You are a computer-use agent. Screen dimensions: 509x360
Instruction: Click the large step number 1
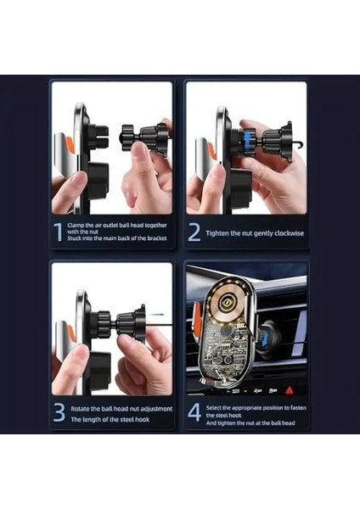pyautogui.click(x=57, y=232)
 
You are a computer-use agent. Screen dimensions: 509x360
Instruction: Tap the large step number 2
pyautogui.click(x=194, y=232)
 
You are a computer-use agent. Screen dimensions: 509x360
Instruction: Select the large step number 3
pyautogui.click(x=58, y=413)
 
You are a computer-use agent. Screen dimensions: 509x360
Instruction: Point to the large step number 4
pyautogui.click(x=194, y=413)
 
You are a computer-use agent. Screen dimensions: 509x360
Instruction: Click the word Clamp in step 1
pyautogui.click(x=78, y=225)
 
